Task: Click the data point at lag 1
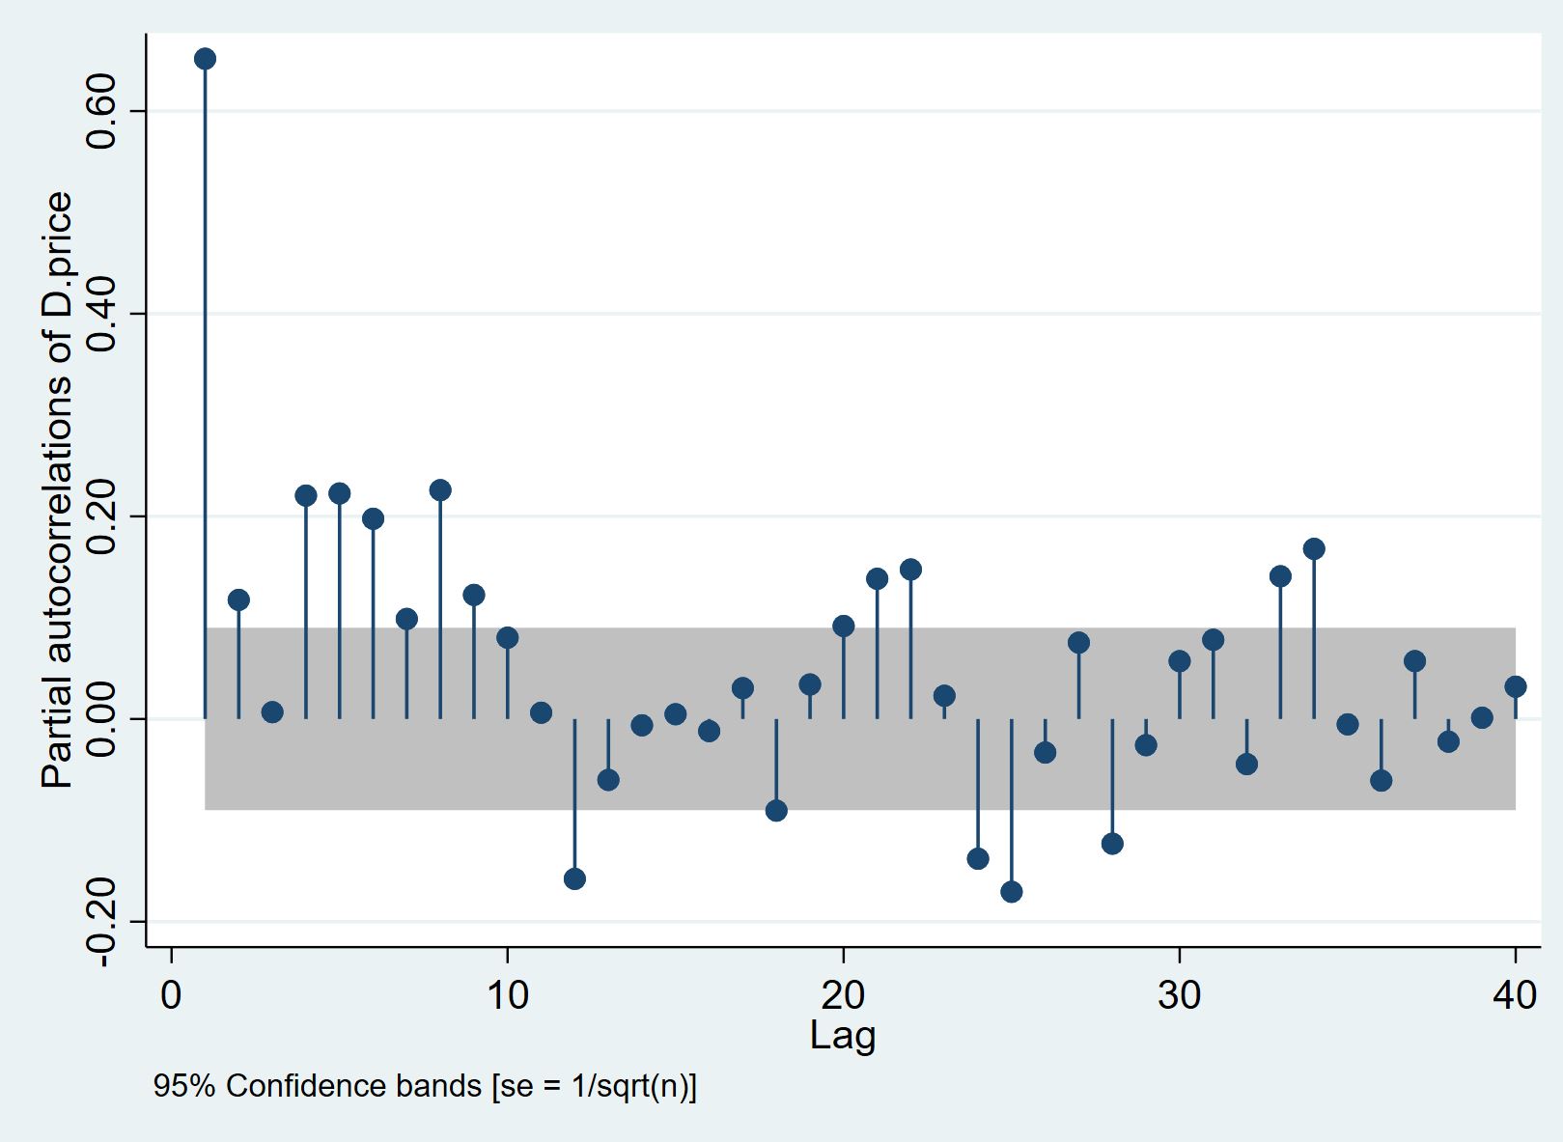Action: click(x=205, y=59)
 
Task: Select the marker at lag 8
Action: click(x=440, y=489)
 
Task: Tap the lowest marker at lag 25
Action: click(x=1011, y=891)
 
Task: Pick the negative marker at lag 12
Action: click(x=574, y=878)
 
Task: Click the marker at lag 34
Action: click(x=1314, y=548)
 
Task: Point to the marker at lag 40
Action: click(x=1515, y=686)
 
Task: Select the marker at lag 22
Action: click(x=910, y=569)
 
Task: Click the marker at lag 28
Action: click(x=1112, y=843)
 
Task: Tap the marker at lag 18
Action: click(x=776, y=810)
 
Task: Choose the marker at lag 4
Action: click(x=306, y=495)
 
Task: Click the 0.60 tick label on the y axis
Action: click(x=101, y=111)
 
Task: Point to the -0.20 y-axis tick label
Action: click(x=101, y=922)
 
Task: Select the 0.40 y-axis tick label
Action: click(x=101, y=314)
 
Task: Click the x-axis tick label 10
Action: click(x=507, y=994)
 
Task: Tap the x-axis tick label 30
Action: click(x=1179, y=994)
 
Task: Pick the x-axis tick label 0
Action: click(x=172, y=994)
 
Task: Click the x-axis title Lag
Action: click(x=843, y=1035)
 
